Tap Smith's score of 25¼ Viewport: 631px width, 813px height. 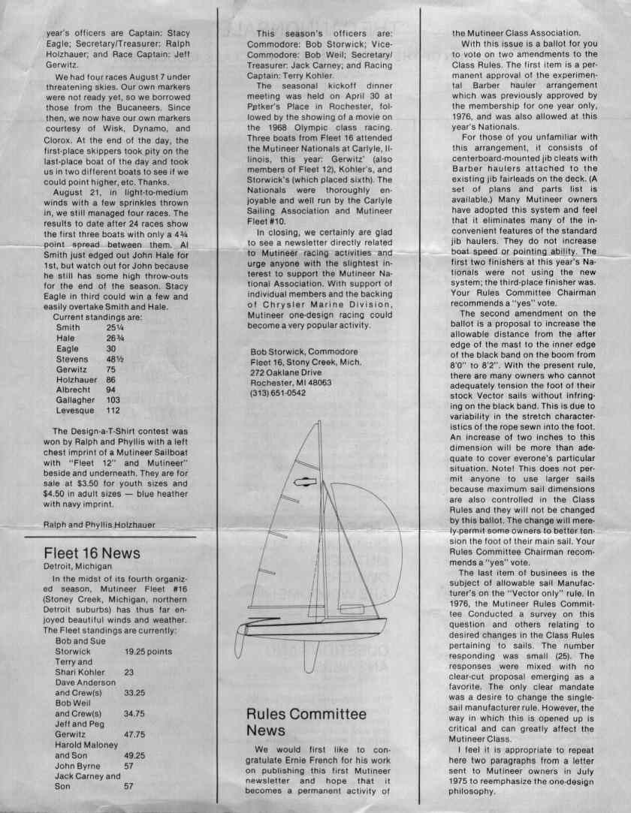coord(115,327)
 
